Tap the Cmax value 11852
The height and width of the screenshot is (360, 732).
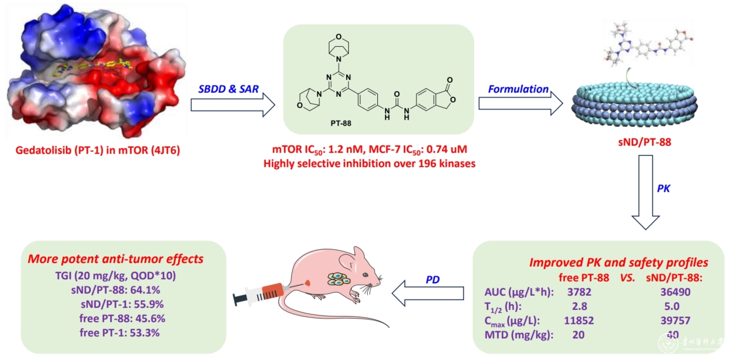[579, 321]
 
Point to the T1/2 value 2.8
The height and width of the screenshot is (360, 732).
[579, 306]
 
